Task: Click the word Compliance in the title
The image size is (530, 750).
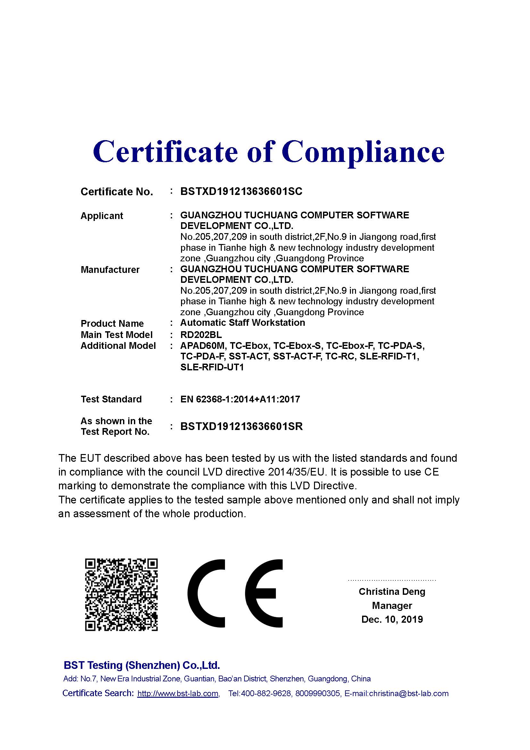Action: coord(363,152)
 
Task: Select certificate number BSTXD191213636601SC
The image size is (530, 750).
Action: coord(241,191)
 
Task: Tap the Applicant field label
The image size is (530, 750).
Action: coord(102,216)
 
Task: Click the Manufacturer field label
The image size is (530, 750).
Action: coord(110,270)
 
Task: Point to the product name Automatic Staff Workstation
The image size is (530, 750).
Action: coord(243,323)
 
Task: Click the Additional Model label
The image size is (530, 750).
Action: coord(118,346)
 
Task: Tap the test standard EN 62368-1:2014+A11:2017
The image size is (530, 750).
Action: coord(240,399)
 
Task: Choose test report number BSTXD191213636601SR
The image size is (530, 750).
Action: coord(242,426)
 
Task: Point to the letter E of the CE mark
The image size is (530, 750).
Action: coord(264,594)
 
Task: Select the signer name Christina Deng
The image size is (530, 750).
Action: coord(392,592)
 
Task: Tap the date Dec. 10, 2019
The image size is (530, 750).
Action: coord(392,619)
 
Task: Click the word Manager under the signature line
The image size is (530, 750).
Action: coord(392,606)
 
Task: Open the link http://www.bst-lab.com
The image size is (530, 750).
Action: coord(178,694)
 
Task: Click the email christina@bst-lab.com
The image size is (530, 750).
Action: coord(409,694)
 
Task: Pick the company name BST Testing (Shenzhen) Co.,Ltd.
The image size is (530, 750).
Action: coord(142,665)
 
